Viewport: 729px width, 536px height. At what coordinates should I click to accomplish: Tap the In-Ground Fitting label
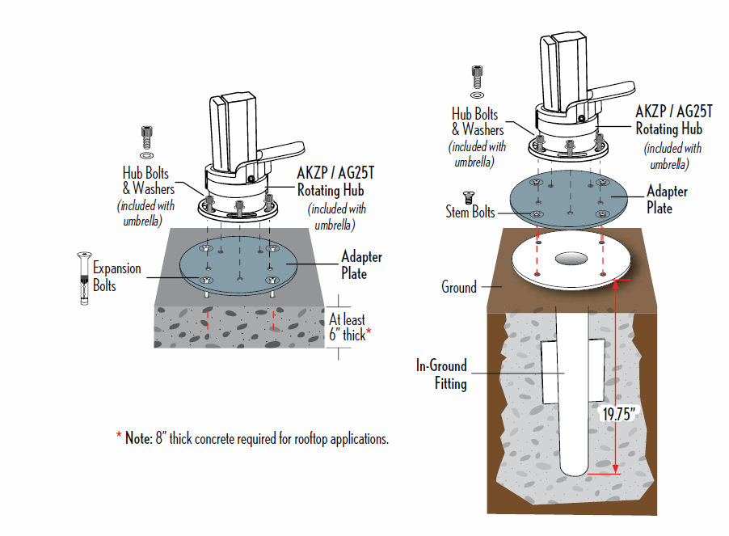(x=442, y=374)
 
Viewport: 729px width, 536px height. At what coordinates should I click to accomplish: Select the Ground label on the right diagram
(x=459, y=287)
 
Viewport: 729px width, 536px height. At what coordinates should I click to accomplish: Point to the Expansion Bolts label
(x=116, y=276)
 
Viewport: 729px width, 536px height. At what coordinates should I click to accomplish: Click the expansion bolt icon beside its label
(x=82, y=277)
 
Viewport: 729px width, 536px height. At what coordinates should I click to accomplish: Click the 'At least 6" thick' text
(x=349, y=327)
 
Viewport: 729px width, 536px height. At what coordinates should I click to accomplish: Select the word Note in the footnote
(x=136, y=438)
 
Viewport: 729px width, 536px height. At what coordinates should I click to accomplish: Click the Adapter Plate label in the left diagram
(x=361, y=265)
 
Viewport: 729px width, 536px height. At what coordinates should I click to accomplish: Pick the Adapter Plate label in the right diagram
(x=667, y=199)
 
